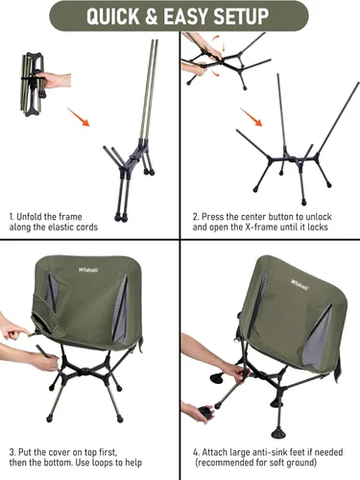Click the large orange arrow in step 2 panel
(x=254, y=119)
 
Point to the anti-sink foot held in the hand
(x=198, y=413)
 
